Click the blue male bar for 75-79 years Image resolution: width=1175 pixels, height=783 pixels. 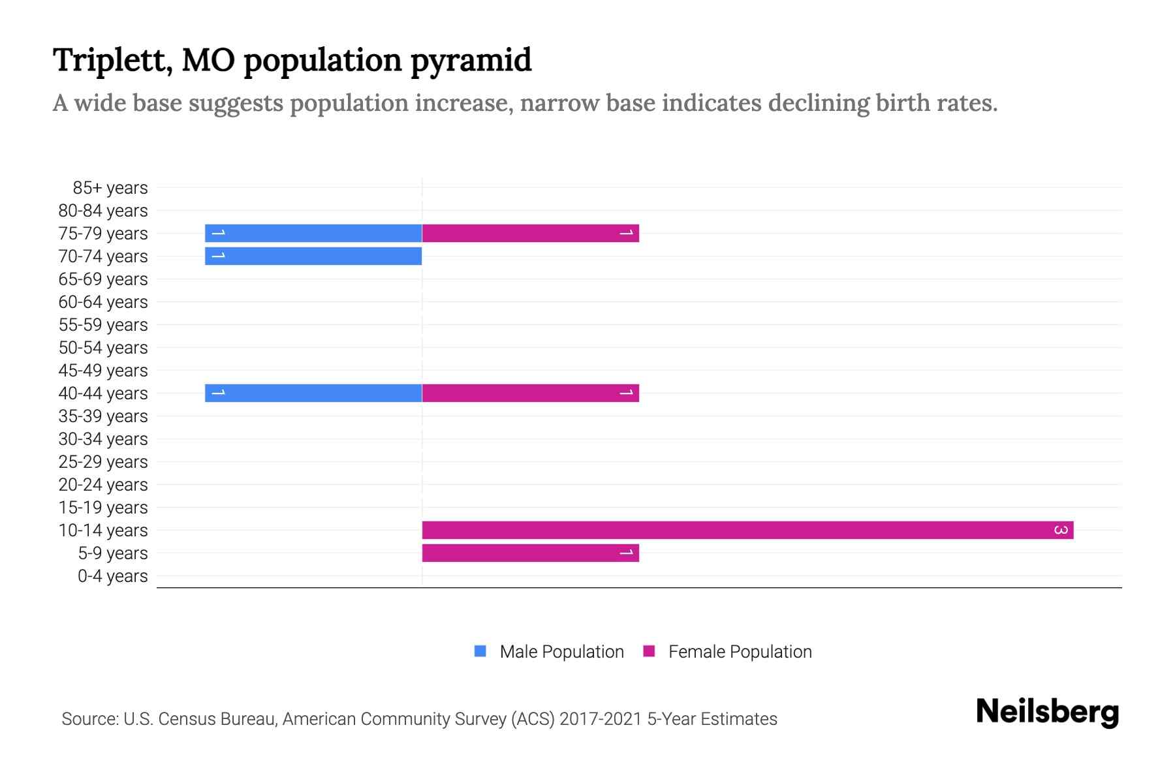click(313, 233)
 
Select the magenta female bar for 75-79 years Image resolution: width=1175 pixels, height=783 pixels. click(530, 233)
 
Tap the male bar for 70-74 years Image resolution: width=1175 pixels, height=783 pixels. click(313, 256)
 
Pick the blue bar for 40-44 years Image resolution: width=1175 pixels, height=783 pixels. click(313, 393)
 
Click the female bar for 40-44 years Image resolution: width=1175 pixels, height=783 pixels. click(530, 393)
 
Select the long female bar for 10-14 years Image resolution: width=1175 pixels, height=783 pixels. click(747, 530)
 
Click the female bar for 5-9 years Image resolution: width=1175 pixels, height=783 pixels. click(530, 553)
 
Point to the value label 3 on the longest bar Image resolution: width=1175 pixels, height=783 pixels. click(1061, 530)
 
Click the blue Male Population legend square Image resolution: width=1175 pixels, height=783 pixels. click(480, 651)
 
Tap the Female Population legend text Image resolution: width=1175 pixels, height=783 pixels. click(740, 651)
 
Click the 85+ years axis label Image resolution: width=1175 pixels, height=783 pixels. click(110, 188)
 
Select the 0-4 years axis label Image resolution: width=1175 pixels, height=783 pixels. click(112, 576)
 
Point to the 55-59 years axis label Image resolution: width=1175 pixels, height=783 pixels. click(103, 325)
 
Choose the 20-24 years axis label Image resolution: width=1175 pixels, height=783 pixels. click(103, 485)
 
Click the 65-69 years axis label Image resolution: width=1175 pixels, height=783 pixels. click(103, 279)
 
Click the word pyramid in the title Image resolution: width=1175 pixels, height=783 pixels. click(471, 61)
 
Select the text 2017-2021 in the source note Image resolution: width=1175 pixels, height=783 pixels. click(601, 719)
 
